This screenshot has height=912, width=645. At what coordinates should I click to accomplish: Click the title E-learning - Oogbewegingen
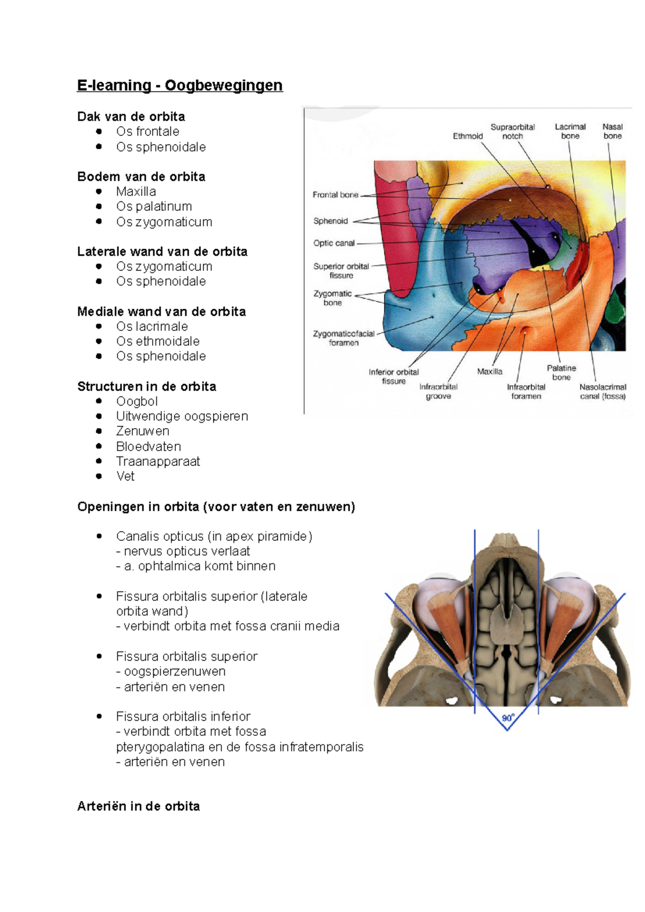click(180, 85)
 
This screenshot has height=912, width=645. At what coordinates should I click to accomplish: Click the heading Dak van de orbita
click(131, 117)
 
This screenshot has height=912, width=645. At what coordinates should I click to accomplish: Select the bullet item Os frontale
click(147, 132)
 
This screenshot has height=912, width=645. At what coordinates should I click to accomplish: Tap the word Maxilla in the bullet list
click(136, 192)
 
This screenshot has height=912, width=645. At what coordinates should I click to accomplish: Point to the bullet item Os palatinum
click(154, 207)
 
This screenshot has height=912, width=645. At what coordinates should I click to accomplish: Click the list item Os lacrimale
click(152, 327)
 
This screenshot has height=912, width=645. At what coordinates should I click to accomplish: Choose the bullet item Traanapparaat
click(157, 461)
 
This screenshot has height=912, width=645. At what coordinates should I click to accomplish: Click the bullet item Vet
click(125, 476)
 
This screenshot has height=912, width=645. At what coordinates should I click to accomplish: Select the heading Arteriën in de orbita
click(138, 806)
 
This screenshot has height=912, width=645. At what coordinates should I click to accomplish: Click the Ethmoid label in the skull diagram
click(468, 136)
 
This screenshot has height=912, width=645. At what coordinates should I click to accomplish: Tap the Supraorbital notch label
click(512, 132)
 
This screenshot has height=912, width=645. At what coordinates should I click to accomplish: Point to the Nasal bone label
click(612, 132)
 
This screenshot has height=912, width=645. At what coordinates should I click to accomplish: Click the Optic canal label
click(334, 243)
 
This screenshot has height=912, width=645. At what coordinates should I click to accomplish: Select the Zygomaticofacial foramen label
click(343, 338)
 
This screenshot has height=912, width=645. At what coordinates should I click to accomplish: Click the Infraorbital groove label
click(439, 392)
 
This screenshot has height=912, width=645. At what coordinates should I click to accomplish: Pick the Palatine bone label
click(561, 373)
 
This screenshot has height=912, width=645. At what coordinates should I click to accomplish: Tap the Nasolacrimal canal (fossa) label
click(603, 392)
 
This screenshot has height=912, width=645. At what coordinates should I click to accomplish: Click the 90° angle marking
click(508, 718)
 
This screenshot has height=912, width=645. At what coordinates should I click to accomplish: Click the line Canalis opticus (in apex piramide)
click(214, 537)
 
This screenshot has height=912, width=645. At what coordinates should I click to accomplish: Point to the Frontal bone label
click(335, 195)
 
